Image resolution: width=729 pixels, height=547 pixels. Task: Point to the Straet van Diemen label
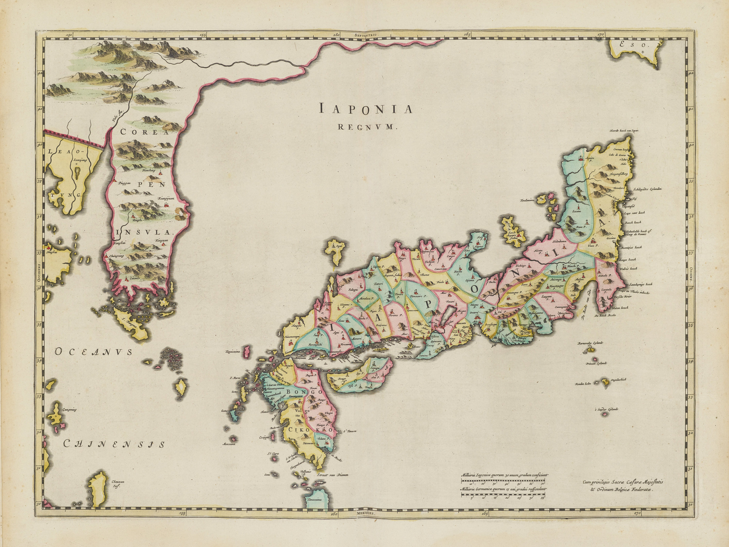click(x=332, y=475)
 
